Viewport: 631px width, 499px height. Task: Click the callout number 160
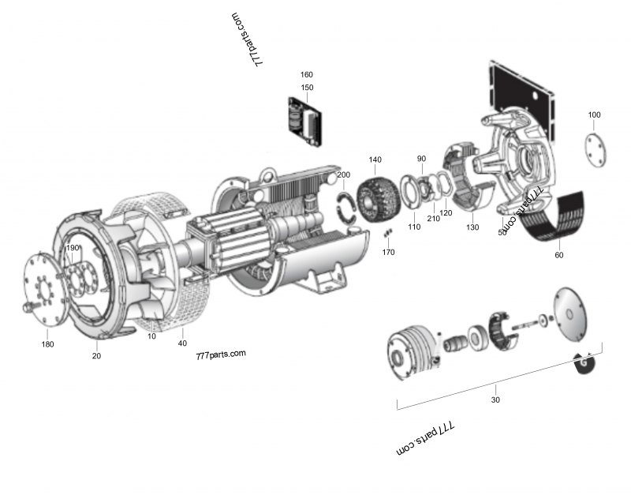coord(307,75)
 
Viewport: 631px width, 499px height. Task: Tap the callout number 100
coord(594,115)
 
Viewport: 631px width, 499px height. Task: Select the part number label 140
coord(375,159)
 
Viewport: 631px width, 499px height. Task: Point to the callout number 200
coord(344,174)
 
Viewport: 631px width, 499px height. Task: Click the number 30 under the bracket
coord(495,400)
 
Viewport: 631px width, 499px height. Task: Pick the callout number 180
coord(48,344)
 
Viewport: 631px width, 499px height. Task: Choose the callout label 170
coord(388,253)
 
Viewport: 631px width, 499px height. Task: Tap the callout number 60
coord(559,255)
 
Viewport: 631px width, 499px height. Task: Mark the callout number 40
coord(182,343)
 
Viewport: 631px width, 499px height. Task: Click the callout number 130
coord(472,227)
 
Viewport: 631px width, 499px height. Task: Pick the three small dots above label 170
coord(387,234)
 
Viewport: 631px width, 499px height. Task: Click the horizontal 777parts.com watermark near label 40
coord(221,354)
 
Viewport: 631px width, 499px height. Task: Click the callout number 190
coord(73,248)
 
